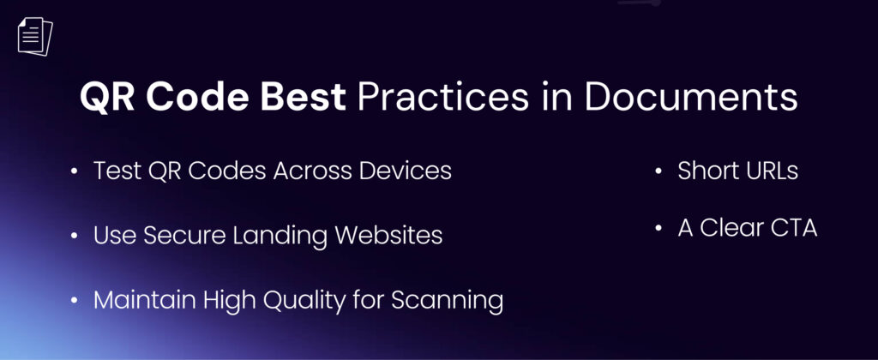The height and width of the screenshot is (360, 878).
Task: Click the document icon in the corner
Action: (34, 36)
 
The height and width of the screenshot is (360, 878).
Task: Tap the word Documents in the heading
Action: (690, 98)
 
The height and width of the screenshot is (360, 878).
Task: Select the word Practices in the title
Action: (443, 98)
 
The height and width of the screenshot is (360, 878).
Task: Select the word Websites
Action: (388, 235)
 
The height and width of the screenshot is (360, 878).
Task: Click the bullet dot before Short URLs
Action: (658, 171)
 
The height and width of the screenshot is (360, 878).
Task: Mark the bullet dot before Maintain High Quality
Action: (75, 301)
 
